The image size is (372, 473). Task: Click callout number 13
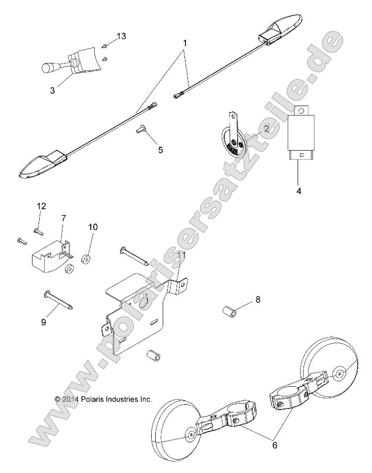click(121, 36)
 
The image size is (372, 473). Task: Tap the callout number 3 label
click(53, 90)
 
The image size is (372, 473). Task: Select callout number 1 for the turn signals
click(185, 43)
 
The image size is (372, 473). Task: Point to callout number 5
click(160, 150)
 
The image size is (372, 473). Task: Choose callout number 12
click(41, 206)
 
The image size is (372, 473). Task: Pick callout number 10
click(93, 227)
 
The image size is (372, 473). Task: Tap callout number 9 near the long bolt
click(43, 322)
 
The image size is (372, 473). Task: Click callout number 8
click(257, 299)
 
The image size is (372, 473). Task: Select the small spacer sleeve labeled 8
click(229, 313)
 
